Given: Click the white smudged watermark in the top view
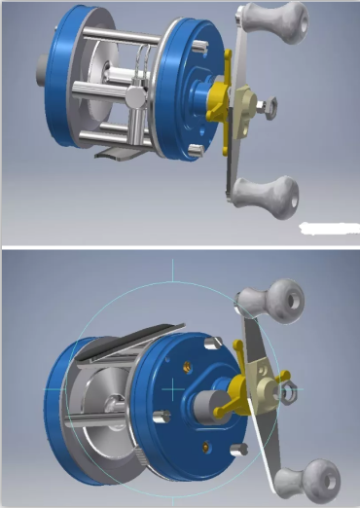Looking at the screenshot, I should click(x=325, y=230).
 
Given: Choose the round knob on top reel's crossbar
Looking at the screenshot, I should click(x=134, y=97).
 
